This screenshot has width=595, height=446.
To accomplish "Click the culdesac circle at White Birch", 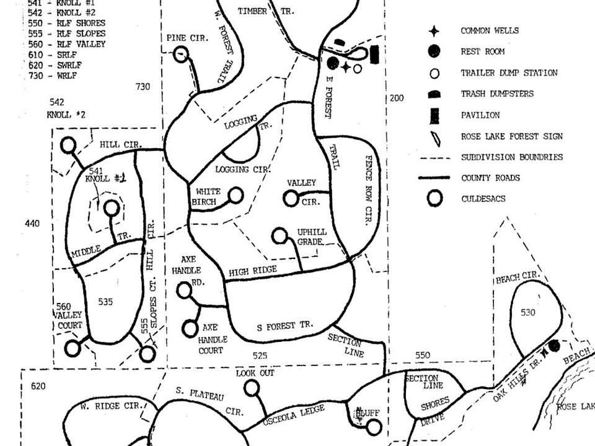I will coord(236,196).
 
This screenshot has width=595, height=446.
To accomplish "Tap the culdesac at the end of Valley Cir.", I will coord(291,199).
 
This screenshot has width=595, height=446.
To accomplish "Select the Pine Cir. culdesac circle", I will coord(180,55).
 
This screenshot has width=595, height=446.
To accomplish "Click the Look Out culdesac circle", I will coord(251,388).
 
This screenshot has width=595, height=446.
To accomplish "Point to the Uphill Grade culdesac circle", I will coord(280,236).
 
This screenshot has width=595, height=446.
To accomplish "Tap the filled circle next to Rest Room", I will coord(435,51).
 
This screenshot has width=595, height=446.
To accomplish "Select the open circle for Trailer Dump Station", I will coord(435,73).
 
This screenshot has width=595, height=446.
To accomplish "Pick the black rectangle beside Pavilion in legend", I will coord(435,115).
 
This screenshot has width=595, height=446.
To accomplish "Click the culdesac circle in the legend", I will coord(435,199).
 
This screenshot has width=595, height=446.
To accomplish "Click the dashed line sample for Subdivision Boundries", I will coord(435,157).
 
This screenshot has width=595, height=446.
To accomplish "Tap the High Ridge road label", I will coord(252,271).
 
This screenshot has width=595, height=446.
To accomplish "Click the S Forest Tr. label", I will coord(285,325).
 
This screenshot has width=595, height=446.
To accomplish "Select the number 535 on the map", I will coord(105,302).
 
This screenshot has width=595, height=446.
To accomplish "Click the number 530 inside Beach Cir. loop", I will coord(527,313).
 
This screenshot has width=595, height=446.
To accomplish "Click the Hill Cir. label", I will coord(121,145).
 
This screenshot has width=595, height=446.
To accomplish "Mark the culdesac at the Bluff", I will coord(374,427).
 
